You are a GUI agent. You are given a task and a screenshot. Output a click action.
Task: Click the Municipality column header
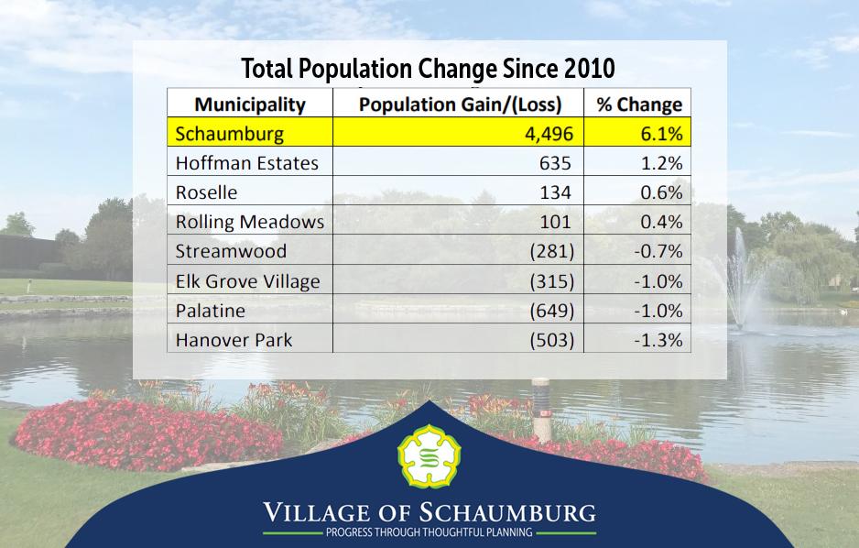(x=249, y=104)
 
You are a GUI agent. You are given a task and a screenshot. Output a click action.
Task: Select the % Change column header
(x=639, y=104)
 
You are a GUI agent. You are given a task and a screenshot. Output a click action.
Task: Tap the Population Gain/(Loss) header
(x=460, y=104)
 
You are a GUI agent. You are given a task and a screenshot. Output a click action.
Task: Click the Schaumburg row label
(x=229, y=134)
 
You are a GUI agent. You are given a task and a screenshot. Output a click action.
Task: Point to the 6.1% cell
(x=660, y=134)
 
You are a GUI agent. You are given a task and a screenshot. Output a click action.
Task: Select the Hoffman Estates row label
(x=246, y=163)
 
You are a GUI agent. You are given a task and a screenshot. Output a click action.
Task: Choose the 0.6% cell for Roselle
(x=661, y=192)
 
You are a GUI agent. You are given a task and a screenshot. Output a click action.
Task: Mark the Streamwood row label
(x=230, y=251)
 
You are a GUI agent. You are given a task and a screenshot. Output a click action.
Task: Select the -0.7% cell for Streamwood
(x=658, y=251)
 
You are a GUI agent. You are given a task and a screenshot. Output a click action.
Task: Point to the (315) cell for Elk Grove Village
(x=551, y=280)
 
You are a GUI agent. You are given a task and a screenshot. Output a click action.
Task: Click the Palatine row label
(x=210, y=311)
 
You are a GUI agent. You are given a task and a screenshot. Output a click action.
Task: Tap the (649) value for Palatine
(x=551, y=311)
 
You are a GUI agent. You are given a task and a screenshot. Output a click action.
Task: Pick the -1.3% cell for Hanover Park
(x=658, y=340)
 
